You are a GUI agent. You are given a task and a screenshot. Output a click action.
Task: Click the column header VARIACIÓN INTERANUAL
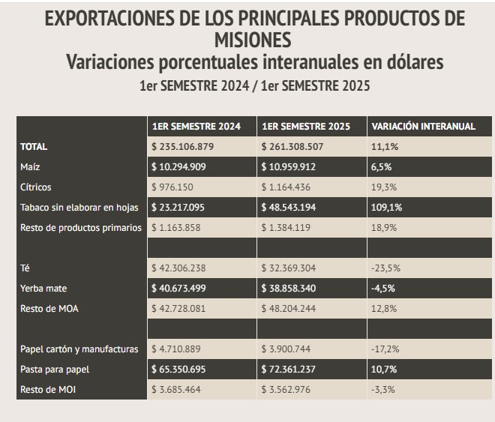point(424,127)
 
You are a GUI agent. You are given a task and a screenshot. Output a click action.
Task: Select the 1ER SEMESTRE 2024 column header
point(196,127)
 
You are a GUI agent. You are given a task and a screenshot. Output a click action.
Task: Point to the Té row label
point(25,268)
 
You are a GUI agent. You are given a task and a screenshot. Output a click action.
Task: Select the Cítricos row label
point(36,187)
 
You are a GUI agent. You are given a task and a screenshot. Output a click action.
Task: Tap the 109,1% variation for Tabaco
point(388,207)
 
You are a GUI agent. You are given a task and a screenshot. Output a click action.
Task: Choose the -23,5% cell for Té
point(387,268)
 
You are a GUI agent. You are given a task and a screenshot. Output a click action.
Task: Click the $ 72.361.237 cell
point(301,370)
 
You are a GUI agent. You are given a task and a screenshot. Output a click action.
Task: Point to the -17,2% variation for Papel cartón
point(387,349)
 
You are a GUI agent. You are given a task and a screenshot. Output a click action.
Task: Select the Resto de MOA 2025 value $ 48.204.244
point(301,308)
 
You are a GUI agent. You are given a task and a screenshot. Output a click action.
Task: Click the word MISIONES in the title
point(247,38)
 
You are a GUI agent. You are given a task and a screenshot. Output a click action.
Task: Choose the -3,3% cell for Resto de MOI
point(385,390)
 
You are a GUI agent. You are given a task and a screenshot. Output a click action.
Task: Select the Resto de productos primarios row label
point(81,227)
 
